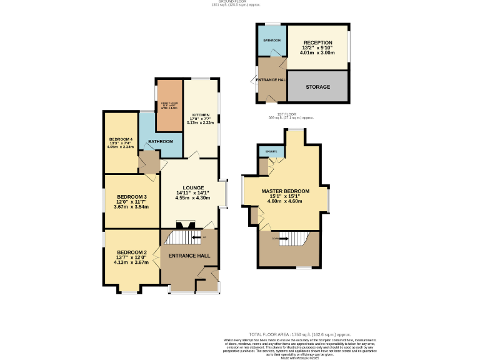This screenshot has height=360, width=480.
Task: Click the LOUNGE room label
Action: tap(192, 187)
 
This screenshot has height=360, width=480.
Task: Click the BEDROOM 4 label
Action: tap(121, 139)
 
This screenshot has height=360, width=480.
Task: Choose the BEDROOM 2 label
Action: tap(131, 252)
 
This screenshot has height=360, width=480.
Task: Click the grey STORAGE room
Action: tap(317, 87)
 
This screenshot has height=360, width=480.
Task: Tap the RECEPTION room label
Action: tap(317, 42)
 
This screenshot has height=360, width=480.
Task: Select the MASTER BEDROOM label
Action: tap(285, 191)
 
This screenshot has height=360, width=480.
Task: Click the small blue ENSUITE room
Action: tap(272, 151)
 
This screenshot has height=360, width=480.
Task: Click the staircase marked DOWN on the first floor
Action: tap(288, 238)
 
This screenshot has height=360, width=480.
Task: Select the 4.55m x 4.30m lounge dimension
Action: tap(192, 198)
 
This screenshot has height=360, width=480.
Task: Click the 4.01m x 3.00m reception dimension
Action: tap(317, 52)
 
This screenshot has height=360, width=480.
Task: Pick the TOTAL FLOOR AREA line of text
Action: tap(294, 334)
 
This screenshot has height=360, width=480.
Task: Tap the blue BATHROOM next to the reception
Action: tap(272, 41)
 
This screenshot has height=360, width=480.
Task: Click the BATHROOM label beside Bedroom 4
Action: tap(161, 142)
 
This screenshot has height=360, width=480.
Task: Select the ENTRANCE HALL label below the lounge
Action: tap(189, 255)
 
